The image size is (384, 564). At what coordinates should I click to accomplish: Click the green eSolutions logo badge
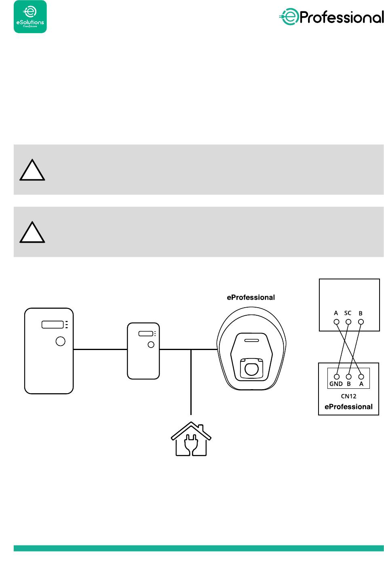(30, 17)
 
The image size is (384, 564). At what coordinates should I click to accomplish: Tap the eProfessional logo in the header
(331, 17)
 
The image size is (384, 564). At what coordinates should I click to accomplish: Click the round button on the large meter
(60, 341)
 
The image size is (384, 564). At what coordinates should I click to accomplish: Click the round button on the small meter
(151, 345)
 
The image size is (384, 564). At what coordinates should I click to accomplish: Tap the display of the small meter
(145, 334)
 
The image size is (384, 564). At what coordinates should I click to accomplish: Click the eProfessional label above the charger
(251, 298)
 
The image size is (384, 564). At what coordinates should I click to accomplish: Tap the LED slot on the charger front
(251, 340)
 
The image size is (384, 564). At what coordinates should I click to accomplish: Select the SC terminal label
(348, 313)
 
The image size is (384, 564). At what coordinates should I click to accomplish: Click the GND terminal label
(336, 384)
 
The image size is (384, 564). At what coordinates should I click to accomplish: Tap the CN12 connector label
(348, 396)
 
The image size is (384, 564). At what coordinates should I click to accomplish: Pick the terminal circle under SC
(348, 322)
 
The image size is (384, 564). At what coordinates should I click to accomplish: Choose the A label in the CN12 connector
(361, 384)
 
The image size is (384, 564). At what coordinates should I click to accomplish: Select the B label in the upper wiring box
(361, 313)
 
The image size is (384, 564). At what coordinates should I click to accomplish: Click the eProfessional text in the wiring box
(348, 407)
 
